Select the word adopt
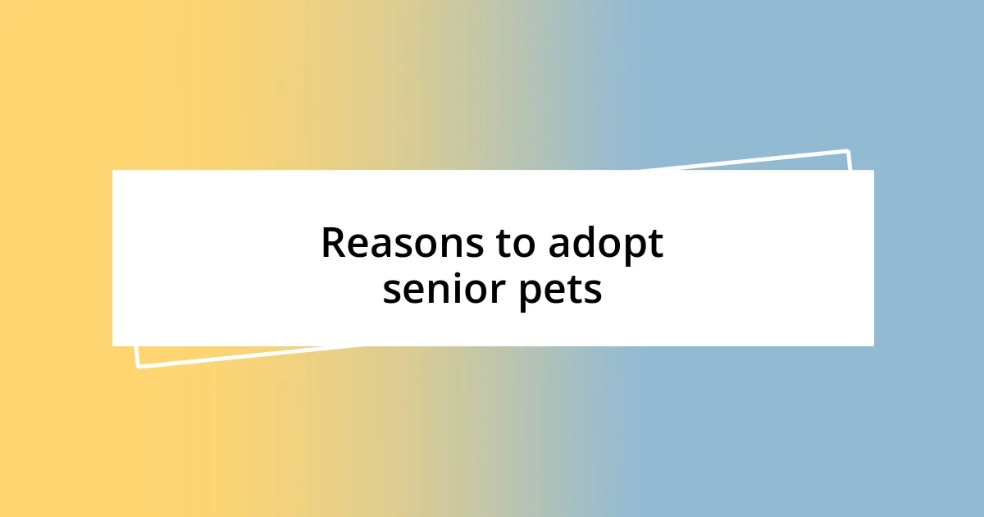point(606,245)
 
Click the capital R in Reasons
point(333,244)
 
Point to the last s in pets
point(593,292)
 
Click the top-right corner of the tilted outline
point(847,152)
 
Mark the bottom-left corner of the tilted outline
point(139,365)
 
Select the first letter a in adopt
point(558,246)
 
